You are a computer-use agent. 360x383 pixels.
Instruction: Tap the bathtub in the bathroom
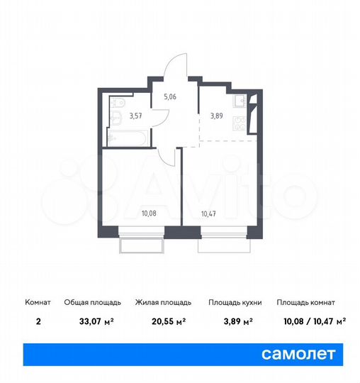pos(128,135)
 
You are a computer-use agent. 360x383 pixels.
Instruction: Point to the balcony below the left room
pos(142,245)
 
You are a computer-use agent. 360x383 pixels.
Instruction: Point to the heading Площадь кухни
pos(235,303)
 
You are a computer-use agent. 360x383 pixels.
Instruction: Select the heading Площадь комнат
pos(306,303)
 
